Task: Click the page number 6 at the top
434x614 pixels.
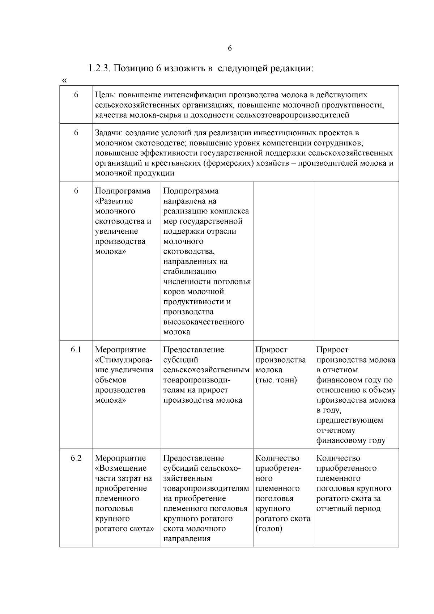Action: (230, 48)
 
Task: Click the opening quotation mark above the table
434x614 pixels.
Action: (64, 80)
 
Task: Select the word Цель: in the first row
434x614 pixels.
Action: (105, 95)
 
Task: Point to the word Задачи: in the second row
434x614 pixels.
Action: (109, 133)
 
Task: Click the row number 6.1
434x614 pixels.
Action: (76, 350)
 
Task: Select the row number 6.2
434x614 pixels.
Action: (76, 458)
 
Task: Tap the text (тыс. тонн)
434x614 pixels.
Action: (276, 380)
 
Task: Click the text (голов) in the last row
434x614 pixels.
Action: (269, 529)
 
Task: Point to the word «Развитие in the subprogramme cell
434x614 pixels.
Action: (114, 201)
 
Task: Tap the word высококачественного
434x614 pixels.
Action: (204, 322)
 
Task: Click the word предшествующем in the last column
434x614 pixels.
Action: (349, 420)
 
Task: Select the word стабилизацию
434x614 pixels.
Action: (190, 272)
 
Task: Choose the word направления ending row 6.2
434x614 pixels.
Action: (187, 539)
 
